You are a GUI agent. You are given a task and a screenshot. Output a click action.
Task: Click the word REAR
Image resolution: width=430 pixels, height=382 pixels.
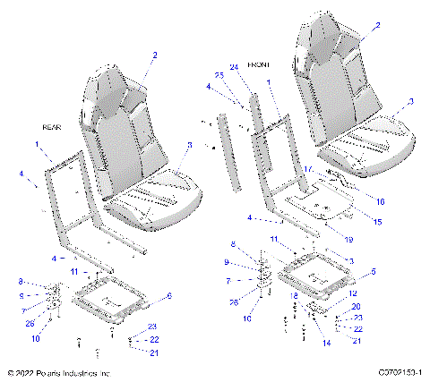(52, 128)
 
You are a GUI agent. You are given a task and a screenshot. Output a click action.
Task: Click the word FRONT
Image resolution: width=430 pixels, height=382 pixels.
(272, 65)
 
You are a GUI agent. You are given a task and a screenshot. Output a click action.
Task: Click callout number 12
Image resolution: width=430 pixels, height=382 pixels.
(353, 293)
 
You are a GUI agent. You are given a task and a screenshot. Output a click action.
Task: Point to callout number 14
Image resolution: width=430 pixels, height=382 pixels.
(326, 343)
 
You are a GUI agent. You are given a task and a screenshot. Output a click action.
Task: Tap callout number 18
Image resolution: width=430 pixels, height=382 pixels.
(294, 294)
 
